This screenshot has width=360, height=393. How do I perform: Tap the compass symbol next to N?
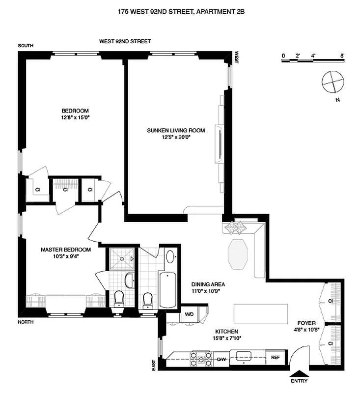coord(332,82)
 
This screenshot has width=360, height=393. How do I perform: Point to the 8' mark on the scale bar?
coord(341,55)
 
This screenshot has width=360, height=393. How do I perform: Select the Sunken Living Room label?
coord(175,130)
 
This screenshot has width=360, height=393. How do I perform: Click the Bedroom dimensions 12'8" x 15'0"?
coord(75,117)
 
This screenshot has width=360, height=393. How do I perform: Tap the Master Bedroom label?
coord(60,250)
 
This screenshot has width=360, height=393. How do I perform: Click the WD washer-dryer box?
coord(189,314)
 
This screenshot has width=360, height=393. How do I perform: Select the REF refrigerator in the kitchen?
coord(275,358)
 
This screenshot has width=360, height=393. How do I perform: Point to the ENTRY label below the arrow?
coord(299,381)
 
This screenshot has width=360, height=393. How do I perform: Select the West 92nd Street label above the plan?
coord(125,42)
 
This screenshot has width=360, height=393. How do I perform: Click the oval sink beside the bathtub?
coord(170,256)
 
